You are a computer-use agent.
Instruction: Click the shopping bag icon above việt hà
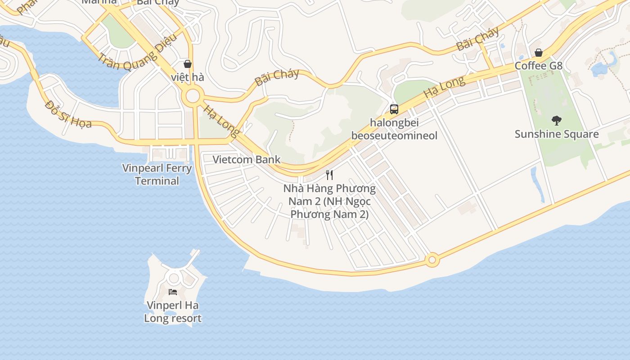coord(188,64)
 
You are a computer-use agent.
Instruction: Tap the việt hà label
coord(188,77)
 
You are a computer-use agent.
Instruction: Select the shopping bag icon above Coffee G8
coord(538,53)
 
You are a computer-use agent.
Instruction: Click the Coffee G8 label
coord(538,66)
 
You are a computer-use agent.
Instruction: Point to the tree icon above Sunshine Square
coord(557,120)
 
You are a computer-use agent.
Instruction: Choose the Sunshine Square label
coord(557,134)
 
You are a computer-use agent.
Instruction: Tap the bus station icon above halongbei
coord(394,109)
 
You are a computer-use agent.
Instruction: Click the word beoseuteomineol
coord(394,136)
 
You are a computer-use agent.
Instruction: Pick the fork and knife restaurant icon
coord(329,175)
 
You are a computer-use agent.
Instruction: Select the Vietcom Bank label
coord(246,159)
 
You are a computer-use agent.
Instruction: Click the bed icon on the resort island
coord(173,292)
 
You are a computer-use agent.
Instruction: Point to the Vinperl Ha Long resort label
coord(173,312)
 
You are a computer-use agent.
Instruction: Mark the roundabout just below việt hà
coord(193,96)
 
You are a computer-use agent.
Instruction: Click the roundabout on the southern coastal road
coord(432,260)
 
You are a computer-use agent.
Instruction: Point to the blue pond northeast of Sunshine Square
coord(600,67)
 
